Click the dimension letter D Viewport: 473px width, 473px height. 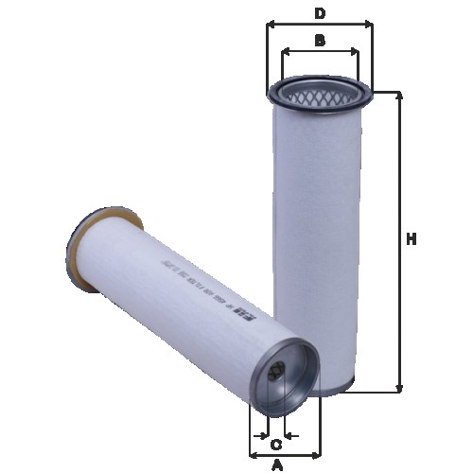pyautogui.click(x=320, y=12)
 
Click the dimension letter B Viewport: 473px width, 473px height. pyautogui.click(x=320, y=40)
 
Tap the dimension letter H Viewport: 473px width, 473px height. pyautogui.click(x=412, y=240)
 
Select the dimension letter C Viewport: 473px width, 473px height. pyautogui.click(x=276, y=445)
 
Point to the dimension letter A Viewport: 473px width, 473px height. pyautogui.click(x=277, y=464)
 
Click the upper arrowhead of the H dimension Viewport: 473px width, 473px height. pyautogui.click(x=401, y=95)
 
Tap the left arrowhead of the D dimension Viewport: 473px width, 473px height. pyautogui.click(x=271, y=26)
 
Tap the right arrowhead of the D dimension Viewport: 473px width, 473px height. pyautogui.click(x=369, y=26)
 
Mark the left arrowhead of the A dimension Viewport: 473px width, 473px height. pyautogui.click(x=252, y=455)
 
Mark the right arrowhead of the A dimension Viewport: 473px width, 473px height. pyautogui.click(x=317, y=455)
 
